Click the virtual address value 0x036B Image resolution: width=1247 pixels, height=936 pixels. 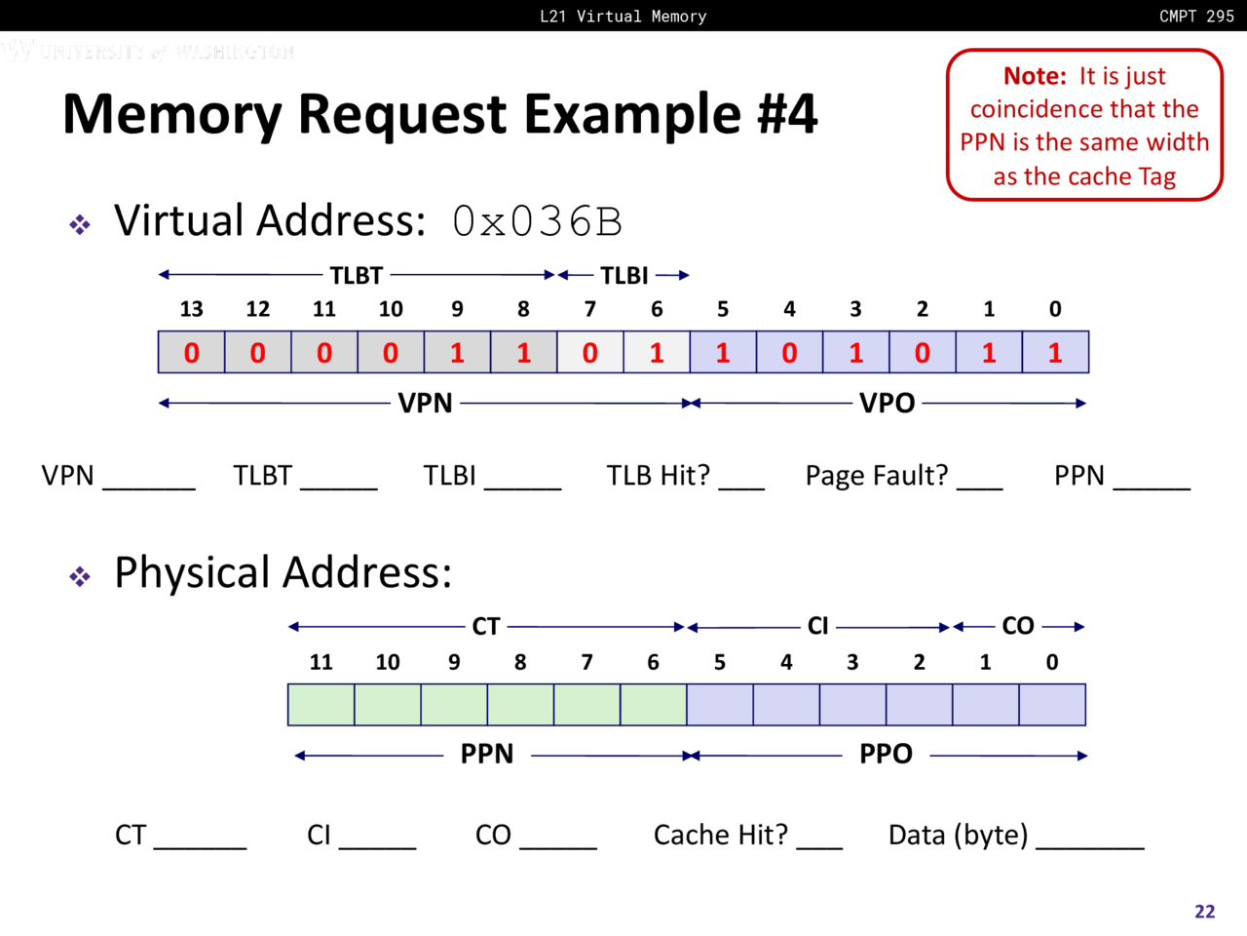[537, 221]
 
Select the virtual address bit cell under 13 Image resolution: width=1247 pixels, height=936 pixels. [191, 352]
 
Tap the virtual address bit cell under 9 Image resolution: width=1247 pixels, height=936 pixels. [457, 352]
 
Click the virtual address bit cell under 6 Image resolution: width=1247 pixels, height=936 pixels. [656, 352]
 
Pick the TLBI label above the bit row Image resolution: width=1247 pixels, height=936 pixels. [624, 276]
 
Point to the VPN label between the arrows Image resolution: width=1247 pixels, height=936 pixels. [425, 404]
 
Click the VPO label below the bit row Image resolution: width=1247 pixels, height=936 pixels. [887, 404]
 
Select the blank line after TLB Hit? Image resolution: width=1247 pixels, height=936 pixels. [741, 485]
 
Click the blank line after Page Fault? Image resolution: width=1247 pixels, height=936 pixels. [979, 485]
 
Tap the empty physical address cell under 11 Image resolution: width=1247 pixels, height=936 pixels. [321, 705]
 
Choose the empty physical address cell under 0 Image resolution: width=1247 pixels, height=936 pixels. [1052, 705]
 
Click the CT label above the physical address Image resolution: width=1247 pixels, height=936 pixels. [486, 627]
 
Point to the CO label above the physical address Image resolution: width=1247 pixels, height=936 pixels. [1018, 627]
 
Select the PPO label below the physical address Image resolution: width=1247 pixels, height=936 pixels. [886, 755]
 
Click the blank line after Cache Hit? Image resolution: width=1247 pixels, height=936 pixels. [819, 845]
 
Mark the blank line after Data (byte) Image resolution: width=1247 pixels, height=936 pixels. [1089, 845]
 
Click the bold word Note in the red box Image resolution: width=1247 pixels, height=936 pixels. [1035, 76]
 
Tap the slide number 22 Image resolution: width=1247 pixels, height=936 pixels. [1205, 912]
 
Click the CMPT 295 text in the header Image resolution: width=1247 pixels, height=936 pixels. [1196, 16]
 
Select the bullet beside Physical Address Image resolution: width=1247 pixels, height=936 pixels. [80, 576]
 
